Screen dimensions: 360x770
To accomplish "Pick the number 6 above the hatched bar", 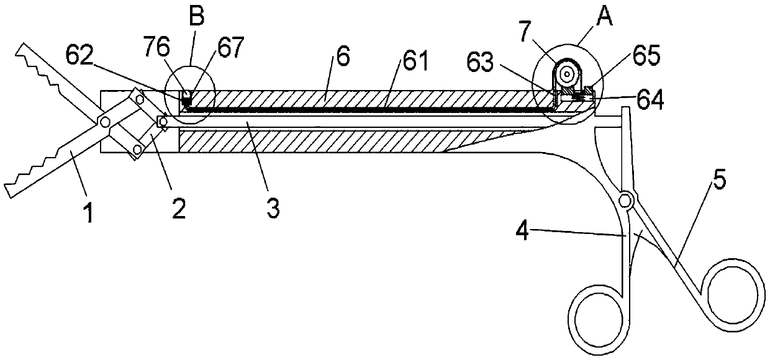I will click(x=343, y=56).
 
